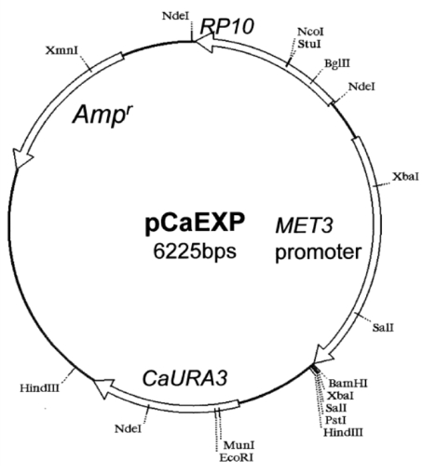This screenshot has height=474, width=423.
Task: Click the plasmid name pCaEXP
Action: pyautogui.click(x=195, y=223)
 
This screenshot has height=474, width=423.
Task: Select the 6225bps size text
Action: pyautogui.click(x=195, y=251)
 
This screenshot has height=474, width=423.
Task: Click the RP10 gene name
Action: pyautogui.click(x=227, y=26)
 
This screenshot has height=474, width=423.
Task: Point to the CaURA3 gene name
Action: pyautogui.click(x=185, y=378)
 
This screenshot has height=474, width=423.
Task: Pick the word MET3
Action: pyautogui.click(x=305, y=225)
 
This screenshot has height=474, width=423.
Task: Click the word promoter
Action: pyautogui.click(x=319, y=252)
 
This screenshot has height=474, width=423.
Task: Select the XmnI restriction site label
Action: pyautogui.click(x=61, y=50)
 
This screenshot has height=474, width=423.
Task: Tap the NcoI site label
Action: pyautogui.click(x=310, y=32)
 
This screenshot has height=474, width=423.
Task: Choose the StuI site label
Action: pyautogui.click(x=309, y=44)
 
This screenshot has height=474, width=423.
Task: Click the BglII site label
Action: pyautogui.click(x=337, y=63)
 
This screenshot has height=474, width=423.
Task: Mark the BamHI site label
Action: pyautogui.click(x=348, y=383)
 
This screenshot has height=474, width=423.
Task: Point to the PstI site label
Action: pyautogui.click(x=335, y=420)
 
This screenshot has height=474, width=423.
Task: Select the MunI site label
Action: pyautogui.click(x=239, y=445)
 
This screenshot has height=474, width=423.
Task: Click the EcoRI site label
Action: pyautogui.click(x=237, y=457)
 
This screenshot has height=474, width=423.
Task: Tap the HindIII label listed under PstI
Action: pyautogui.click(x=343, y=432)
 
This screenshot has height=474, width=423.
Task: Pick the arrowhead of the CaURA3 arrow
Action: pyautogui.click(x=102, y=388)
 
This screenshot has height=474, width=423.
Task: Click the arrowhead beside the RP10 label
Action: pyautogui.click(x=203, y=43)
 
